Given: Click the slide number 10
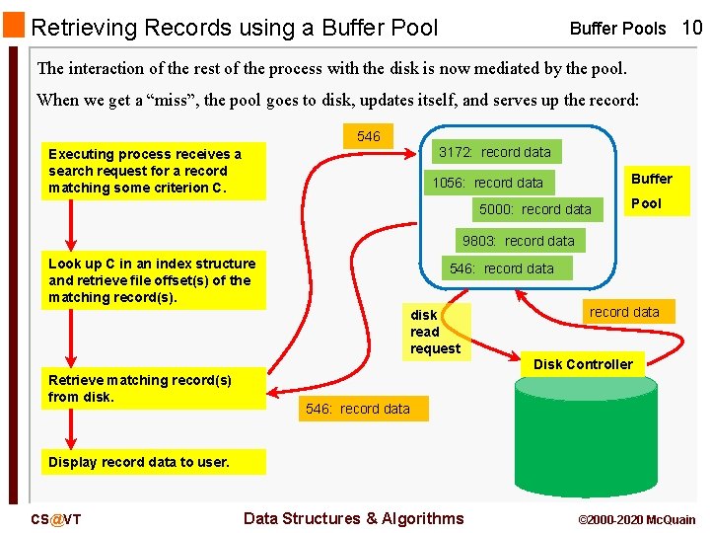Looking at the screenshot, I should point(691,28).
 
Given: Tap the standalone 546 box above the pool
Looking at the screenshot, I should point(369,136).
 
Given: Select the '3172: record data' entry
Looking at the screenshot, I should point(494,152).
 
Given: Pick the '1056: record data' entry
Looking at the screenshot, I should point(487,183).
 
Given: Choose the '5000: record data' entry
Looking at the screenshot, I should point(534,209).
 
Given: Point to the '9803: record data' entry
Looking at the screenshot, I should point(518,241).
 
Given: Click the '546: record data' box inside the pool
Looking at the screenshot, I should point(501,268).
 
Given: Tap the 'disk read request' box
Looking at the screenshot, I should point(435,332).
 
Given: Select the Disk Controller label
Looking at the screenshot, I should point(583,364).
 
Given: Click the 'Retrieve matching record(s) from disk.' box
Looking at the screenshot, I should point(153,389).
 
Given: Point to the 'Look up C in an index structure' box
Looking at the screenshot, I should point(152,280).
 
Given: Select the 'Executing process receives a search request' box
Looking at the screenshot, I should point(152,171).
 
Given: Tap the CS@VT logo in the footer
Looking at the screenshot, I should point(56,519).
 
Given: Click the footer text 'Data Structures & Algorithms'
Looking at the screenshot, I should point(353,518).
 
